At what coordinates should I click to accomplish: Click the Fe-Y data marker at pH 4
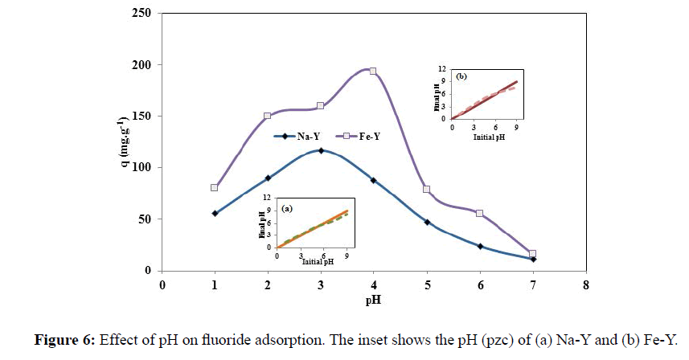coord(373,71)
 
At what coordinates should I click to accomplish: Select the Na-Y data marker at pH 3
coord(321,150)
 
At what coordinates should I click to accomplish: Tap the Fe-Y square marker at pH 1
coord(215,187)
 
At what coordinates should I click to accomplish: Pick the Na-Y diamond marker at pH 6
coord(480,246)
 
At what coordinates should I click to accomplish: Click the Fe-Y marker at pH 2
coord(268,116)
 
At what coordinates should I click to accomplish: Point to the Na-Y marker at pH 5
coord(427,222)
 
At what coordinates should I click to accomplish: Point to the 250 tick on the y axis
coord(142,14)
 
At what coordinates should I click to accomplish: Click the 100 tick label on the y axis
coord(142,168)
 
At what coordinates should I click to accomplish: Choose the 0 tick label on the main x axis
coord(162,285)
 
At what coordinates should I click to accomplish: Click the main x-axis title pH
coord(374,301)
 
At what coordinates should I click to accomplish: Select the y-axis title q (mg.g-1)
coord(116,142)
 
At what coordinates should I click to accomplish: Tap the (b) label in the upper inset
coord(462,77)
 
